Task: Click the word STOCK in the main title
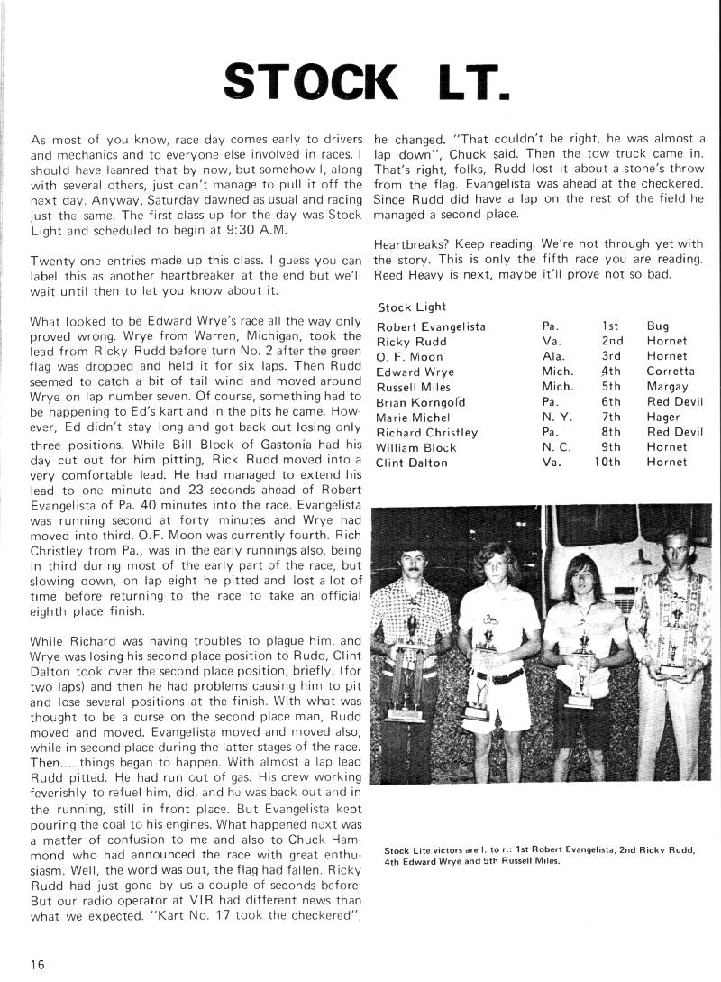click(310, 83)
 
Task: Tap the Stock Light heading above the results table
click(406, 307)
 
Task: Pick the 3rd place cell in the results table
click(612, 356)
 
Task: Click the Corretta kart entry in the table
click(671, 372)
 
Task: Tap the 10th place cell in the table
click(607, 463)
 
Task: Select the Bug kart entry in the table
click(658, 326)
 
